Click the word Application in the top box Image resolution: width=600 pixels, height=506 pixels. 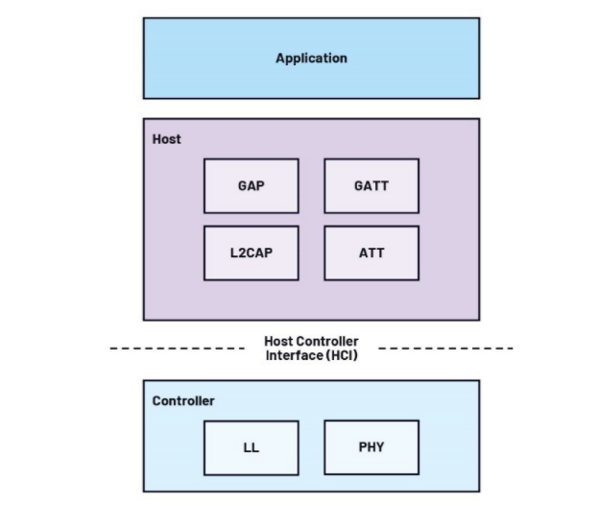pyautogui.click(x=311, y=58)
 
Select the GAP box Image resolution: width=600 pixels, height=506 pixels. pyautogui.click(x=251, y=185)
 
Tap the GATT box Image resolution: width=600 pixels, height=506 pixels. pyautogui.click(x=372, y=185)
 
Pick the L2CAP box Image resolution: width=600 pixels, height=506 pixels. pyautogui.click(x=251, y=253)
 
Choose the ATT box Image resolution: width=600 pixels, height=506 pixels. pyautogui.click(x=372, y=253)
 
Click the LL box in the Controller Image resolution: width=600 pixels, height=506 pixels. pyautogui.click(x=251, y=447)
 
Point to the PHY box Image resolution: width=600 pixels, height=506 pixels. pyautogui.click(x=372, y=446)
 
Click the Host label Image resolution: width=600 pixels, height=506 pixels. pyautogui.click(x=167, y=139)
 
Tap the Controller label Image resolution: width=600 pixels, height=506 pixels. pyautogui.click(x=183, y=400)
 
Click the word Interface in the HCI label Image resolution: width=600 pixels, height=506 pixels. pyautogui.click(x=293, y=356)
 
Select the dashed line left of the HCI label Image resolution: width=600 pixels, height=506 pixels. pyautogui.click(x=177, y=348)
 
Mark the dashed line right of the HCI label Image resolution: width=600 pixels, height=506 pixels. pyautogui.click(x=445, y=348)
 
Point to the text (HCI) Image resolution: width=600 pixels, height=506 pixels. pyautogui.click(x=340, y=356)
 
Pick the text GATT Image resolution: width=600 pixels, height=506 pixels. pyautogui.click(x=372, y=186)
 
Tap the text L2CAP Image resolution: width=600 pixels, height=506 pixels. pyautogui.click(x=251, y=253)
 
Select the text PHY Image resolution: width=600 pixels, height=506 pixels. pyautogui.click(x=372, y=447)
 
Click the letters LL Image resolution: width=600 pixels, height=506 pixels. pyautogui.click(x=251, y=448)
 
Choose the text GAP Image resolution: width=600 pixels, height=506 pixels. pyautogui.click(x=251, y=186)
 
